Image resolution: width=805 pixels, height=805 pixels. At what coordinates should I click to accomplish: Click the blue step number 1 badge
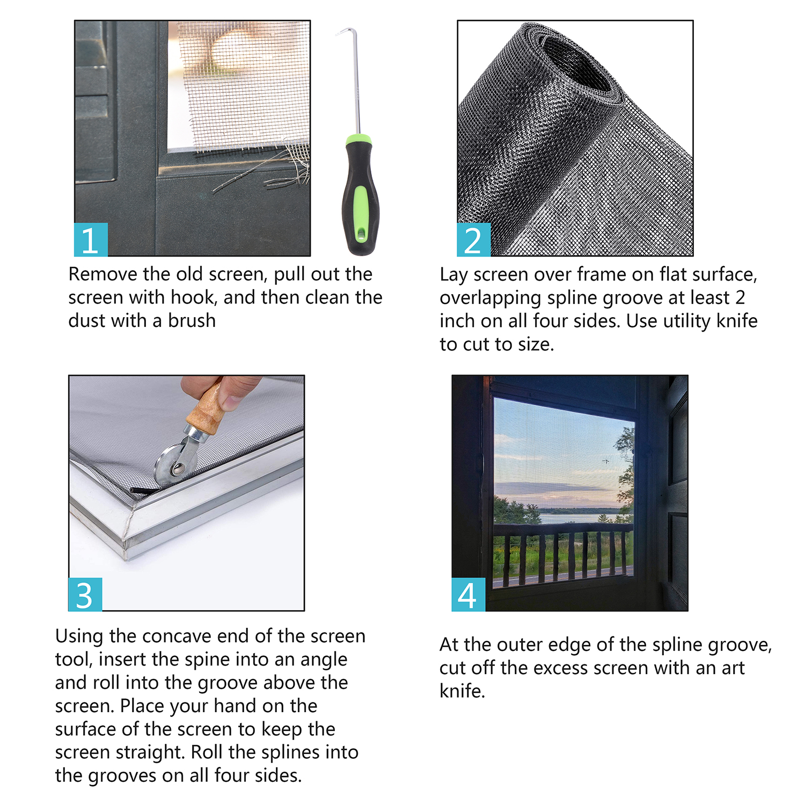[x=91, y=239]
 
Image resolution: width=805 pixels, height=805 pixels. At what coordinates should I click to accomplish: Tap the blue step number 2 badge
[x=473, y=239]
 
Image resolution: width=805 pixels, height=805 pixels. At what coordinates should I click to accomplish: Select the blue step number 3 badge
[x=85, y=594]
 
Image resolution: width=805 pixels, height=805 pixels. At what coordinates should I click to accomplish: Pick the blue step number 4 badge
[x=468, y=594]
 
